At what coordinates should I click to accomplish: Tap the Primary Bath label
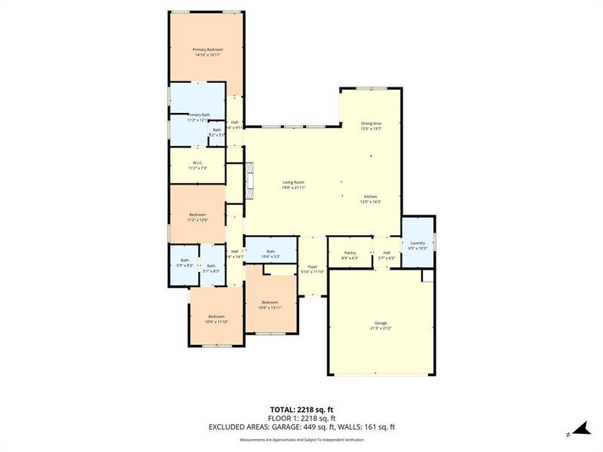pyautogui.click(x=198, y=115)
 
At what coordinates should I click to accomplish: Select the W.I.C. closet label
pyautogui.click(x=197, y=163)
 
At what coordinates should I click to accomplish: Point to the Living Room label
pyautogui.click(x=293, y=182)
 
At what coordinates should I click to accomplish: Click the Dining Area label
pyautogui.click(x=370, y=123)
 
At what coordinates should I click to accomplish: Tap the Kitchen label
pyautogui.click(x=370, y=197)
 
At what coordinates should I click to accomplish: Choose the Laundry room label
pyautogui.click(x=417, y=243)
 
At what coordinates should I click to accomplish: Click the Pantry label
pyautogui.click(x=350, y=252)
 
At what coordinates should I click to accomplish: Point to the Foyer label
pyautogui.click(x=311, y=266)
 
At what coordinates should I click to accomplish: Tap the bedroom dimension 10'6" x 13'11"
pyautogui.click(x=270, y=307)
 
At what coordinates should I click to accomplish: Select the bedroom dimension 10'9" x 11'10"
pyautogui.click(x=216, y=322)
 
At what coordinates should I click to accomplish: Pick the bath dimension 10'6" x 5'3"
pyautogui.click(x=271, y=257)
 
